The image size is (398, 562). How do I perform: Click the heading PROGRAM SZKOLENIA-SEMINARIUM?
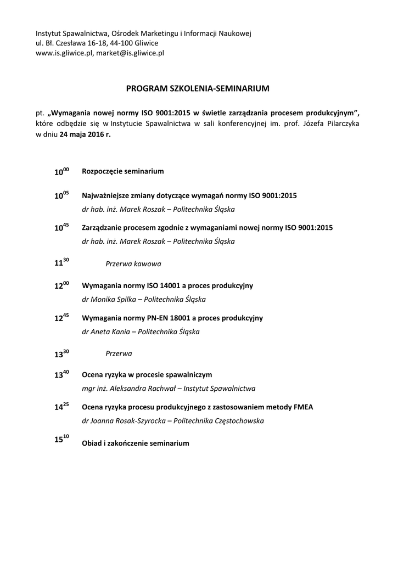click(x=198, y=88)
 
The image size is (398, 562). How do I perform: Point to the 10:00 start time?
click(x=61, y=172)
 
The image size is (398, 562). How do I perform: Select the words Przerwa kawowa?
click(x=133, y=264)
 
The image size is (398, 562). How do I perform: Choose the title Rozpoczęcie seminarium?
click(x=122, y=171)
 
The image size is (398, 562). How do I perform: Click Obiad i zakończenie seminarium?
click(x=135, y=443)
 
